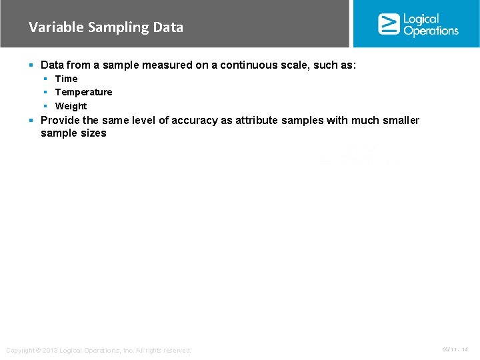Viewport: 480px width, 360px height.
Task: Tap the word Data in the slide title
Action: click(x=168, y=27)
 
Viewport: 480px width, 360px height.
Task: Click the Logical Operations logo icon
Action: click(x=389, y=24)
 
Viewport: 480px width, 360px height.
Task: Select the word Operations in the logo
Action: click(x=431, y=31)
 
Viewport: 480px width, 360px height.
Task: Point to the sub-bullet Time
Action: click(x=66, y=79)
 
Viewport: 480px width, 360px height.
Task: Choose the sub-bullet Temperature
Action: click(x=83, y=92)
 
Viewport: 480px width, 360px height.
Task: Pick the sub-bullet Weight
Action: click(x=71, y=106)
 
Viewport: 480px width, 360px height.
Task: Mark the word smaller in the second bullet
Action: click(x=400, y=120)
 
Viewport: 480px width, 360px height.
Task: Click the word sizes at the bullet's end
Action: click(x=93, y=133)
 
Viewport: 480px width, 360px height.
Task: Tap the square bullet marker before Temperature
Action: click(x=46, y=92)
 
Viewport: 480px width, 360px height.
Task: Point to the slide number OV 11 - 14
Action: click(x=455, y=350)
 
